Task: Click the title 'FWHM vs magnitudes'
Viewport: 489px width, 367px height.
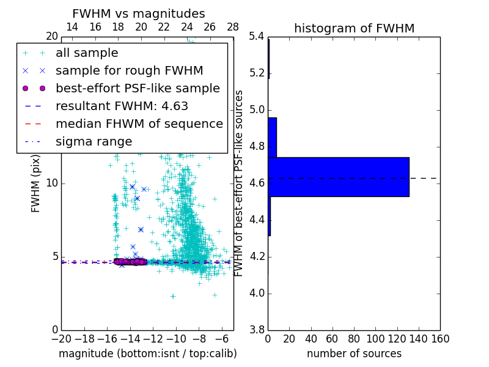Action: (138, 13)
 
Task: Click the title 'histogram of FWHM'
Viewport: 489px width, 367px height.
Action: (354, 28)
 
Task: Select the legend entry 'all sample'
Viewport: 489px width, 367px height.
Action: (87, 53)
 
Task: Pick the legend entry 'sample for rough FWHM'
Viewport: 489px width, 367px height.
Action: (129, 71)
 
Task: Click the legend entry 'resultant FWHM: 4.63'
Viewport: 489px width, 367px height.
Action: (122, 106)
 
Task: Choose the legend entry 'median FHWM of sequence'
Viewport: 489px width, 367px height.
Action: (139, 124)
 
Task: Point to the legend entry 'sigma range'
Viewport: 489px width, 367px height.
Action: (94, 142)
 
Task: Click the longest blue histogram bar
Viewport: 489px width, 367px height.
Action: (339, 177)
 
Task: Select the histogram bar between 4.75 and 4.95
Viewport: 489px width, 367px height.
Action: (272, 138)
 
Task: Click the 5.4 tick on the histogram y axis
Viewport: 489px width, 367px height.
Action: (256, 37)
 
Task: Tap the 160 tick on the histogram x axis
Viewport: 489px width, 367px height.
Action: (440, 339)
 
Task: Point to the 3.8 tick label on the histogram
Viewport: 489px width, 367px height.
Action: (256, 330)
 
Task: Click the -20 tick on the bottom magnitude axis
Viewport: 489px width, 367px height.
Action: (61, 339)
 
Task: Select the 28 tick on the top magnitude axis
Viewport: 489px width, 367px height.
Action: (233, 27)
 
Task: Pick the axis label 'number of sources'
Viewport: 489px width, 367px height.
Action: (354, 354)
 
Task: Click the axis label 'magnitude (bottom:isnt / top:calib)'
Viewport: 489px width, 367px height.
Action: (147, 354)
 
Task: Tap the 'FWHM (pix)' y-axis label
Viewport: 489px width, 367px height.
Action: (36, 183)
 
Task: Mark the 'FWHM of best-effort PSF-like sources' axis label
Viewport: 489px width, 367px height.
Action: (240, 183)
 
